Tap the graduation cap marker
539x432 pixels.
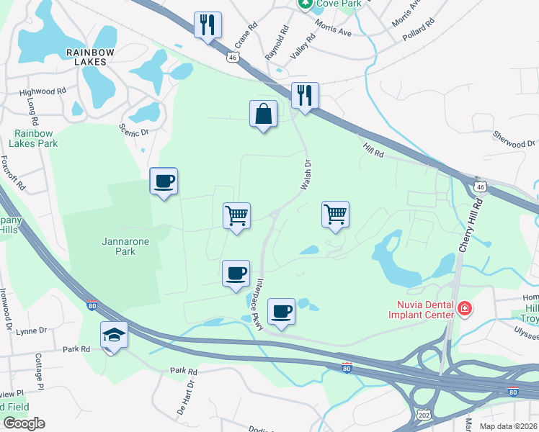115,336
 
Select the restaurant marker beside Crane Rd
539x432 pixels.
208,25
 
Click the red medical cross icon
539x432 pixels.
465,310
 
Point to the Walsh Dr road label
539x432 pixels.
305,175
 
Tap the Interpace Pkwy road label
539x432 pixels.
254,304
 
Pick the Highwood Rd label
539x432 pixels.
43,92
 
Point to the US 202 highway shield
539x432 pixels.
423,416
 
